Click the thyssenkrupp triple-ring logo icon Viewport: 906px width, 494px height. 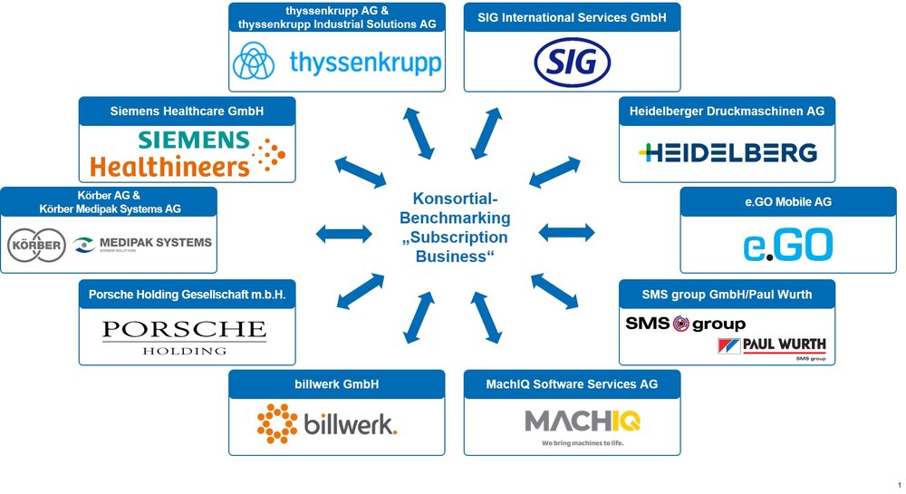pyautogui.click(x=254, y=62)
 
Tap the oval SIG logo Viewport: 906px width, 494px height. pyautogui.click(x=572, y=63)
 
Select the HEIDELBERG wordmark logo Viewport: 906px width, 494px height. pyautogui.click(x=728, y=152)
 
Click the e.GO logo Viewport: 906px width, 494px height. pyautogui.click(x=788, y=245)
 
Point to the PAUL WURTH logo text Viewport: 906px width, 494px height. pyautogui.click(x=784, y=344)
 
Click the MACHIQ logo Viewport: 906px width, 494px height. pyautogui.click(x=583, y=421)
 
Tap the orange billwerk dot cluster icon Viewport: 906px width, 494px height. pyautogui.click(x=277, y=423)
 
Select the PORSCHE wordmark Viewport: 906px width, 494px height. pyautogui.click(x=184, y=329)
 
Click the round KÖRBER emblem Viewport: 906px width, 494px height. pyautogui.click(x=36, y=245)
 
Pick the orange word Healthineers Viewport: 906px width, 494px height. pyautogui.click(x=169, y=167)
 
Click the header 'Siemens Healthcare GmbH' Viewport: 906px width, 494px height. pyautogui.click(x=187, y=111)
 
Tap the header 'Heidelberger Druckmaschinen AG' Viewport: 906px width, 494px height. pyautogui.click(x=727, y=111)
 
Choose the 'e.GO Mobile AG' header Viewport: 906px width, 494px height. pyautogui.click(x=788, y=201)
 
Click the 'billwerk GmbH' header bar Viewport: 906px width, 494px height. pyautogui.click(x=337, y=384)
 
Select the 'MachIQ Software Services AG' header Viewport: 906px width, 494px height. pyautogui.click(x=572, y=384)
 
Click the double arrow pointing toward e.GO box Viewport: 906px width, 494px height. pyautogui.click(x=566, y=233)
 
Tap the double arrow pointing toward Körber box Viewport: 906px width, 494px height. pyautogui.click(x=343, y=234)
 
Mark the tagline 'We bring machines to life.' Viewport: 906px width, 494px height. pyautogui.click(x=583, y=443)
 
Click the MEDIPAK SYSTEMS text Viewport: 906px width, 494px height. pyautogui.click(x=156, y=243)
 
